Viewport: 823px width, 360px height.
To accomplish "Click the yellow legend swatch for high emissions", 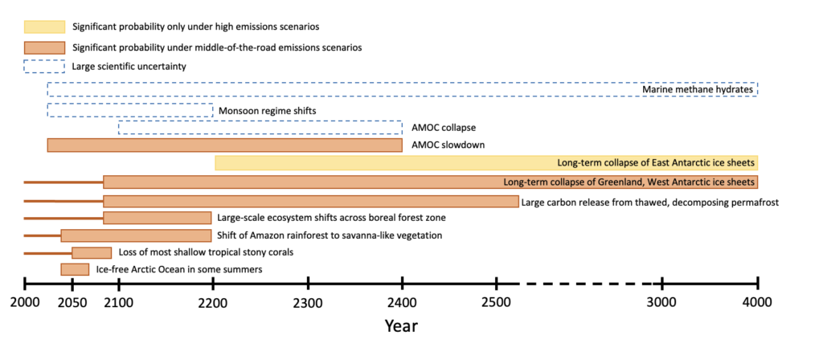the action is coord(44,27).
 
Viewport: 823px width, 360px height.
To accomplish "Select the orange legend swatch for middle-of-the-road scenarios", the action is coord(44,47).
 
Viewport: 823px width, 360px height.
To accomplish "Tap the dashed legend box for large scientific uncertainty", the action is coord(44,67).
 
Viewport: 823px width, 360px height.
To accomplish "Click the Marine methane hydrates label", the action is coord(698,90).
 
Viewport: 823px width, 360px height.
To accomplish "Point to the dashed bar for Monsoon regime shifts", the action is coord(130,110).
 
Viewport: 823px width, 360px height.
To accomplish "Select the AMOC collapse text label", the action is coord(444,128).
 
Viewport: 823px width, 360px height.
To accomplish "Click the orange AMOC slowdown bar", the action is coord(225,145).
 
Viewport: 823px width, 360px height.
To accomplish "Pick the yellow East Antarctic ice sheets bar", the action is coord(486,162).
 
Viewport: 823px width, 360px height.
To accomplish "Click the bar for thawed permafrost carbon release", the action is coord(311,202).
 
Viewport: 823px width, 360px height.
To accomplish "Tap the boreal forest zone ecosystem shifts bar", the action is coord(157,218).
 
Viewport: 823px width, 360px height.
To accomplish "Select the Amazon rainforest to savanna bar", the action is coord(136,235).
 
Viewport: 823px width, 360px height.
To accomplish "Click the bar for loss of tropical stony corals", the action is coord(92,252).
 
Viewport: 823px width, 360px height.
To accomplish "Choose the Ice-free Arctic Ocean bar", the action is coord(75,269).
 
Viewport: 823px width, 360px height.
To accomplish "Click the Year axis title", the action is coord(401,326).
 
